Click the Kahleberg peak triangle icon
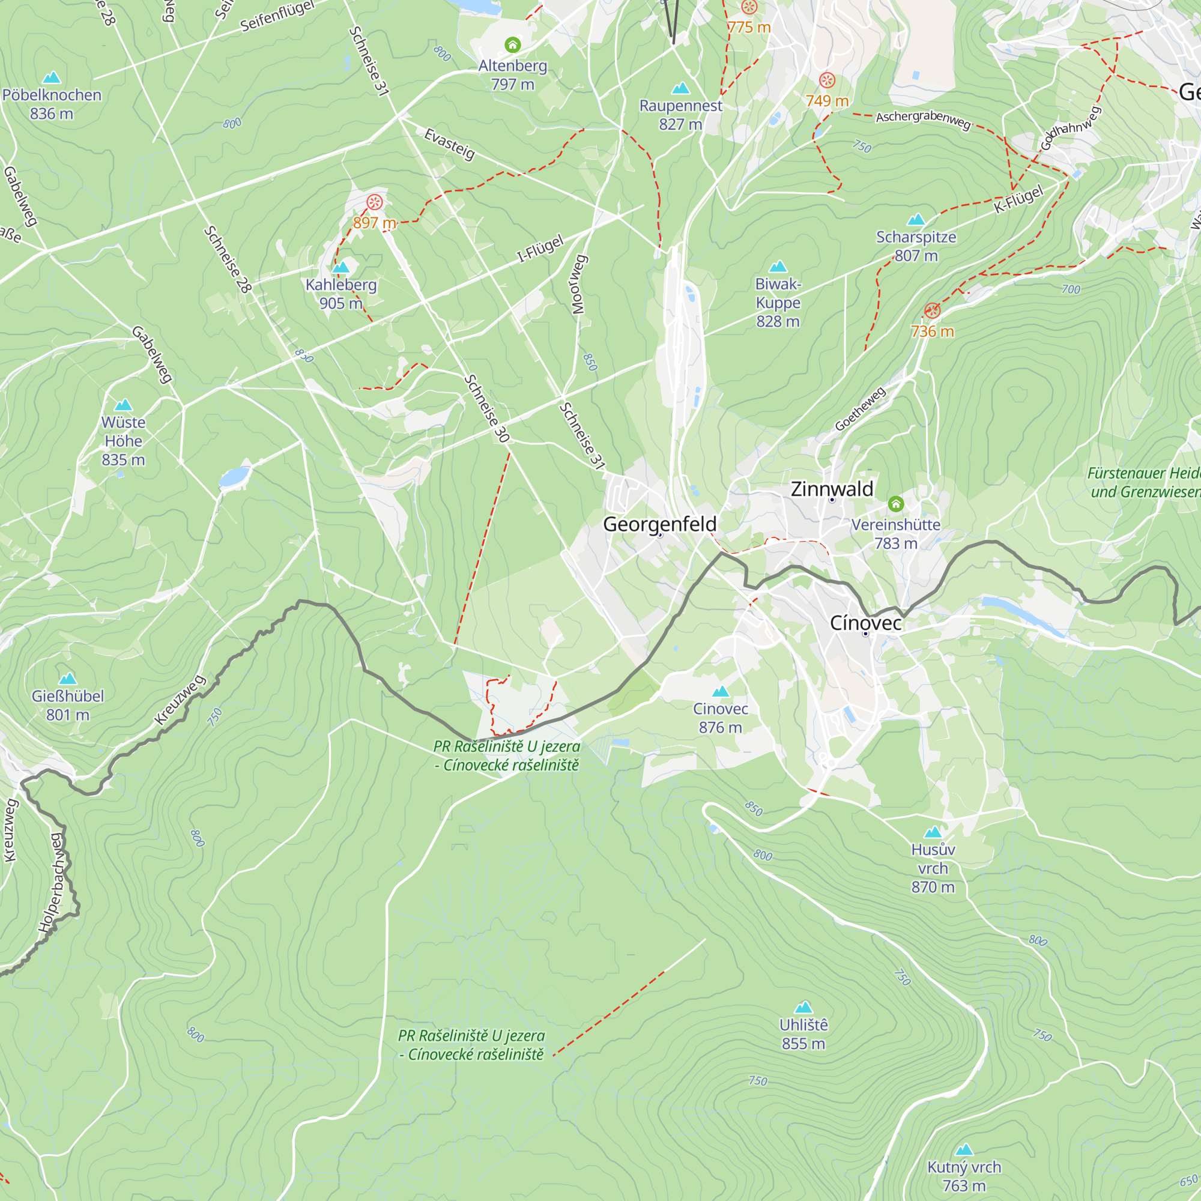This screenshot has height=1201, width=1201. [340, 268]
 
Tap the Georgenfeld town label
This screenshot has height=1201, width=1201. [659, 524]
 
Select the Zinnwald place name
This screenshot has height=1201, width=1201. [832, 489]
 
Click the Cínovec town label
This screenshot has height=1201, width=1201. [865, 623]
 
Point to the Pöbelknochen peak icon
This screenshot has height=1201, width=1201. [52, 77]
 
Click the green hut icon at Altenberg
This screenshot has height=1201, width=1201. [512, 45]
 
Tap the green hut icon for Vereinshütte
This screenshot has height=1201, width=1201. [895, 504]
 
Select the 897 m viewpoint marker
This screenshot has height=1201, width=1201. [374, 202]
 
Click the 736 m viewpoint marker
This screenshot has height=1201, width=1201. [932, 311]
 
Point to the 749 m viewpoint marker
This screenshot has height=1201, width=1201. [827, 80]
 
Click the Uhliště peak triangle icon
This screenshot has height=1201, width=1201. [803, 1007]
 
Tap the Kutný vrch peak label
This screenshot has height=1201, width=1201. [964, 1176]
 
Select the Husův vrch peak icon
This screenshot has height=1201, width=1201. [933, 832]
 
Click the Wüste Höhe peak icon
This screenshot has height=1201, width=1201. [123, 405]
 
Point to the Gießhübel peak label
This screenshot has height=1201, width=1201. [68, 705]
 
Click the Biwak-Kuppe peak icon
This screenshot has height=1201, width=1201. [778, 267]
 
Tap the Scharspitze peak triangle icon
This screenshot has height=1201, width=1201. [916, 219]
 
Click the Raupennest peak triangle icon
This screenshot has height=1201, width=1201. [681, 88]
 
